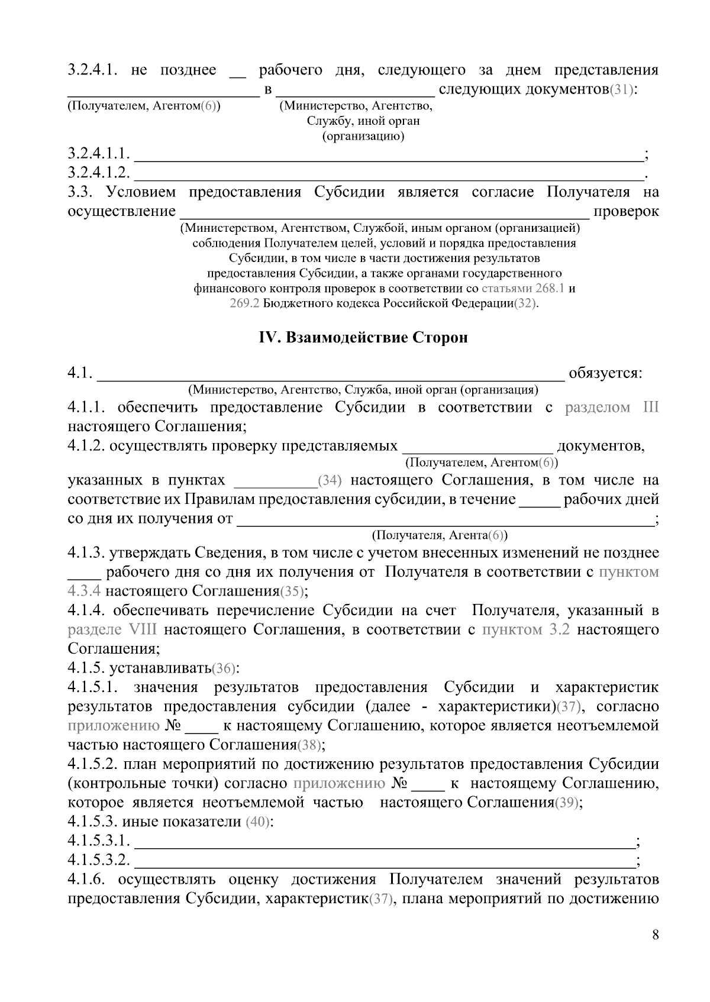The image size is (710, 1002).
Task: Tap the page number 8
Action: pyautogui.click(x=655, y=935)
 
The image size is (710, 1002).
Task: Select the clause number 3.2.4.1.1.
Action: pyautogui.click(x=98, y=154)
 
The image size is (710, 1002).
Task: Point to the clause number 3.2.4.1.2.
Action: pyautogui.click(x=98, y=173)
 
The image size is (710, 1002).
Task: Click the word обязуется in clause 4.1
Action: pyautogui.click(x=605, y=373)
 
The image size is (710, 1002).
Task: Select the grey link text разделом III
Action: pyautogui.click(x=611, y=408)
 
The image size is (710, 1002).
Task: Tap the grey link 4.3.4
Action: pyautogui.click(x=84, y=591)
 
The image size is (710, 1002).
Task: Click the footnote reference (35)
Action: pyautogui.click(x=291, y=591)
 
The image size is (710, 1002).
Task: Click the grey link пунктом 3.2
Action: pyautogui.click(x=526, y=629)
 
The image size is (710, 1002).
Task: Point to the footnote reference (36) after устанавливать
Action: pyautogui.click(x=224, y=668)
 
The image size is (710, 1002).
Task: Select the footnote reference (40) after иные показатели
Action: pyautogui.click(x=257, y=822)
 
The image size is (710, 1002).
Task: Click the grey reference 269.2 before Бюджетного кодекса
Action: pyautogui.click(x=244, y=303)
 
